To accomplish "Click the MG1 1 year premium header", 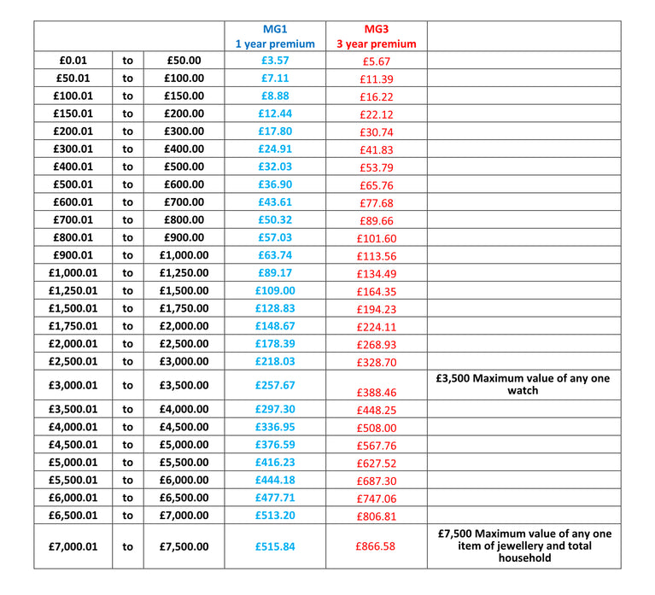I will [x=275, y=36].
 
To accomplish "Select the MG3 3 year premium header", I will [x=376, y=36].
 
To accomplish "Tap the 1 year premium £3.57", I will [x=275, y=61].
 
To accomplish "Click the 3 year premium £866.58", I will [x=376, y=546].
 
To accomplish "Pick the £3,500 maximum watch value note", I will [x=523, y=384].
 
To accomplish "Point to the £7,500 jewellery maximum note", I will [x=523, y=545].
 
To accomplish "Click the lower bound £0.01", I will [x=73, y=61].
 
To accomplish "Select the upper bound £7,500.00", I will [x=184, y=546].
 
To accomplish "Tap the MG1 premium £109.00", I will [x=275, y=290].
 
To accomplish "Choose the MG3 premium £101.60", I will [x=376, y=238].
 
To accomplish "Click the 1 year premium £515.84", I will [x=275, y=546].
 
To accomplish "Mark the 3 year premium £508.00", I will [x=376, y=428].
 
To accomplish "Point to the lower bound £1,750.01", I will [x=73, y=326].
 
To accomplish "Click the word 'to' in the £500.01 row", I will [x=127, y=184].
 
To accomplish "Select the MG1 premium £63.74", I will [x=275, y=255].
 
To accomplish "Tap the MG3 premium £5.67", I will [x=376, y=61].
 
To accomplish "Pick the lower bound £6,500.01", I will [x=73, y=516].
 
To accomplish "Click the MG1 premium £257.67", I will [x=275, y=385].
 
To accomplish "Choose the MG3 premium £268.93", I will [x=376, y=344].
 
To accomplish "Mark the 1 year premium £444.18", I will [x=275, y=480].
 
